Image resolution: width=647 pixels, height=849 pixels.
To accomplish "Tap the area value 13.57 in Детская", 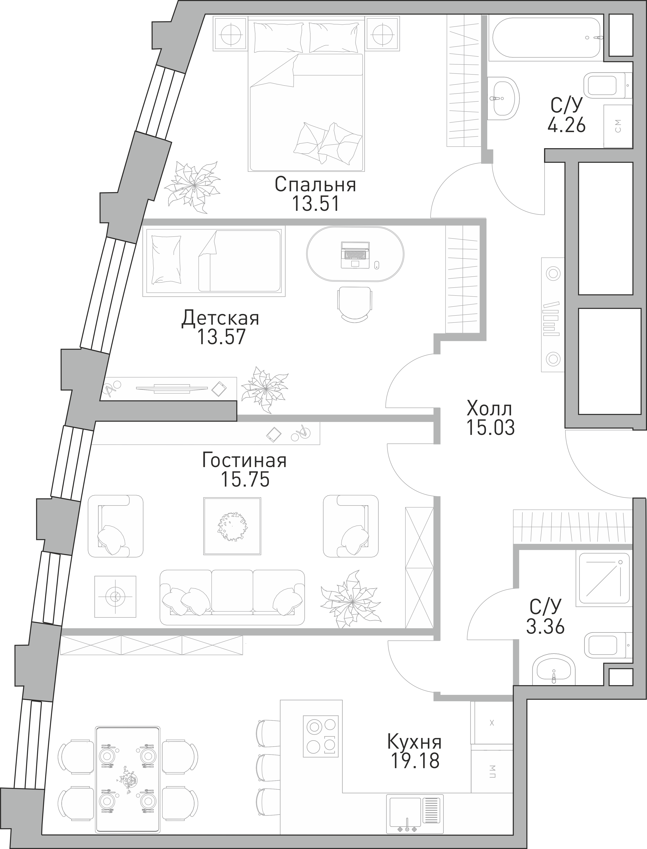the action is [221, 336].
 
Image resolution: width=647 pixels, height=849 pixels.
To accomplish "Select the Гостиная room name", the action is [244, 460].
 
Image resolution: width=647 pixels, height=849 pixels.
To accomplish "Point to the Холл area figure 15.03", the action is [490, 427].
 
